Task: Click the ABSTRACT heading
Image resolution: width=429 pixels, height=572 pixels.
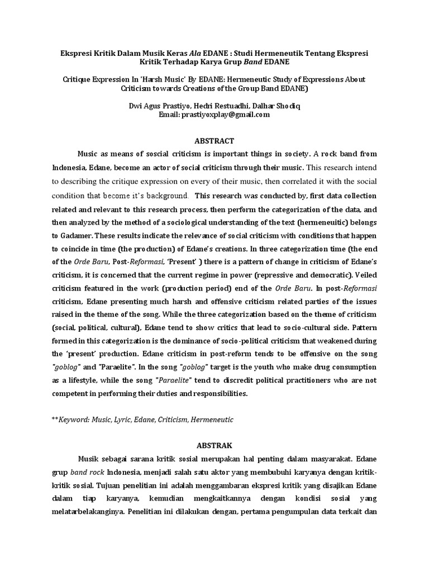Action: (215, 141)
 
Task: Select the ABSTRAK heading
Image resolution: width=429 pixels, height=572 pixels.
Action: (215, 446)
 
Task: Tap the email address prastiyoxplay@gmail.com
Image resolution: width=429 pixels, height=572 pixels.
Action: (222, 115)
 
